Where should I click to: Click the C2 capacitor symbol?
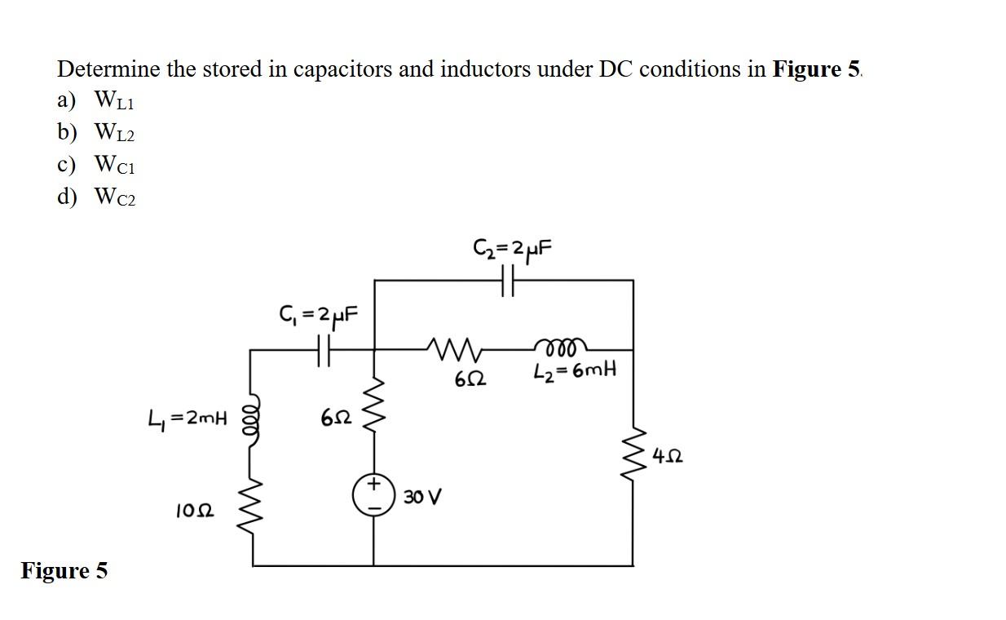(508, 281)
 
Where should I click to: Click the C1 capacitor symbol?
(324, 350)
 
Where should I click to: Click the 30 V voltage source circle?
(373, 495)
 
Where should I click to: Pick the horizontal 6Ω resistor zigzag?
(453, 350)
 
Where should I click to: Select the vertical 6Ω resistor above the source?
(375, 404)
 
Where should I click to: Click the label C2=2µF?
(513, 250)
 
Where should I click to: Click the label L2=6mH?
(575, 370)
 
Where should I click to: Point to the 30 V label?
(422, 497)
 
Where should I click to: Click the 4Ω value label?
(668, 457)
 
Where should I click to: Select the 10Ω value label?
(195, 511)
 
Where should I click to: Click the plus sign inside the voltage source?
(373, 484)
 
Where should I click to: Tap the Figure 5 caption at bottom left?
(64, 570)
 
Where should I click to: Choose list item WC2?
(114, 197)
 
